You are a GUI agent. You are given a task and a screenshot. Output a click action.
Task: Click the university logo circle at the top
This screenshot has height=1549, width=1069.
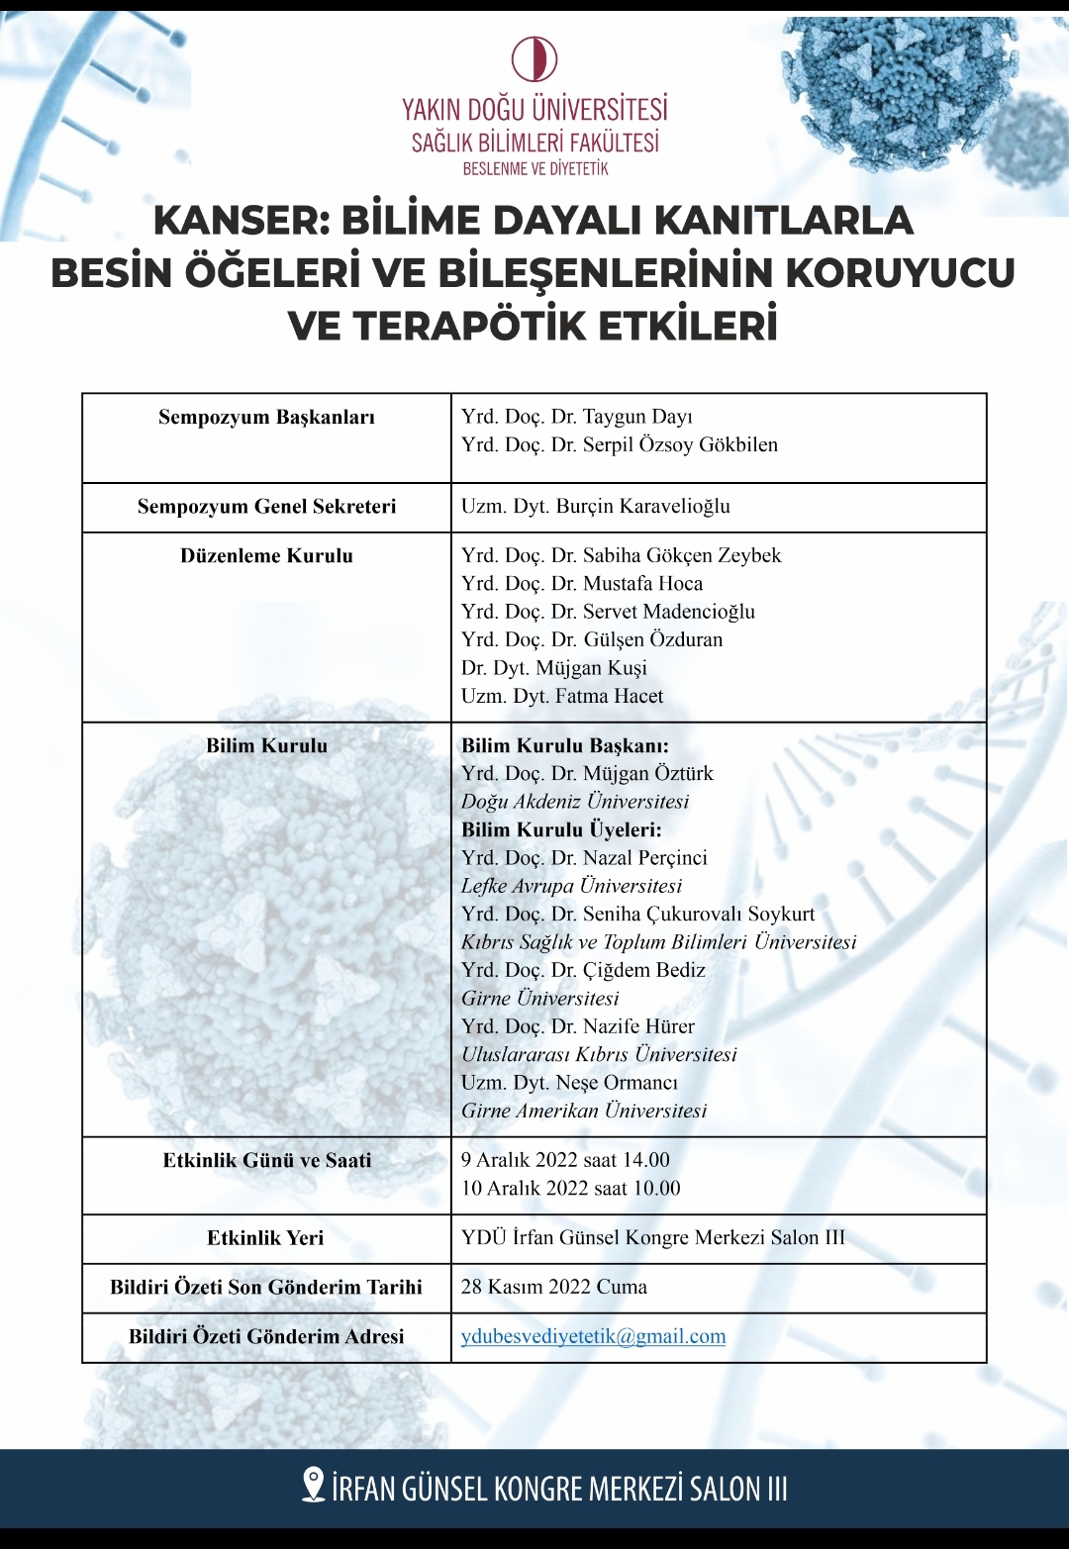534,58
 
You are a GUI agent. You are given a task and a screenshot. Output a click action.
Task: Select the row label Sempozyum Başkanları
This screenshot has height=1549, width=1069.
266,417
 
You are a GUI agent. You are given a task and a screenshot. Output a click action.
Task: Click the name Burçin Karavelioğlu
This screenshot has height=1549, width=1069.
642,507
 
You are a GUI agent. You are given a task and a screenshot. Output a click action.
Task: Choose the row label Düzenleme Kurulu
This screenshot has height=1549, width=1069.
266,556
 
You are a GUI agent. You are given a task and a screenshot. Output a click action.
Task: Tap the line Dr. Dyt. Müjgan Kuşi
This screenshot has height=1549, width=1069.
553,668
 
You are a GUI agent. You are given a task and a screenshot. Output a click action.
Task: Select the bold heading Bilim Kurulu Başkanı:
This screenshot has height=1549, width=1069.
564,746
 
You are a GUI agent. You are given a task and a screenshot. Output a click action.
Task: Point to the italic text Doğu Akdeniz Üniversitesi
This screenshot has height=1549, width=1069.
574,802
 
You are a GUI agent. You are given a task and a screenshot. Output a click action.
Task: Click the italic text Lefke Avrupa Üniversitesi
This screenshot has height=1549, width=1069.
571,886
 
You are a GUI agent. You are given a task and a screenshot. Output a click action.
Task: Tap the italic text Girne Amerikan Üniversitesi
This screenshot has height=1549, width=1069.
584,1111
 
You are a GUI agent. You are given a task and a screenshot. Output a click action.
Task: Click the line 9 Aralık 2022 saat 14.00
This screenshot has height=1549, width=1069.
565,1160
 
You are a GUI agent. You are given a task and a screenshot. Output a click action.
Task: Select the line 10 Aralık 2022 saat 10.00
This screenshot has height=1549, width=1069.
570,1188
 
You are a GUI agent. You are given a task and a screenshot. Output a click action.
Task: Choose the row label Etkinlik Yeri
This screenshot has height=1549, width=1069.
265,1238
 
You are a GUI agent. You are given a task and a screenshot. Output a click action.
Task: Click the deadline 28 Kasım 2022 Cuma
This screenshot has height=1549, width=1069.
553,1287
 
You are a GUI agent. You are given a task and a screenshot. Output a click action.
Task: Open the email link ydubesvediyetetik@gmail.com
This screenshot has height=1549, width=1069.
593,1337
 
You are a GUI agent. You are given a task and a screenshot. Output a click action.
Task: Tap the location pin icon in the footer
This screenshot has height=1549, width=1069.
313,1486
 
